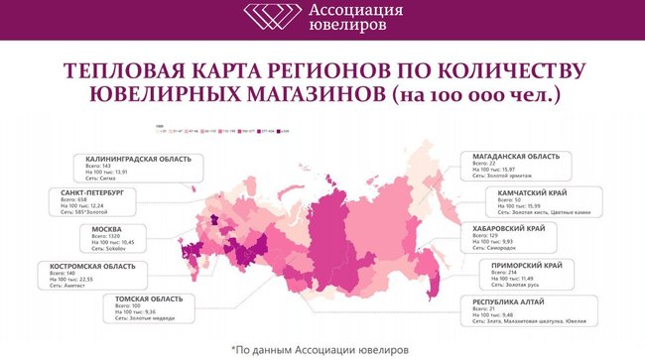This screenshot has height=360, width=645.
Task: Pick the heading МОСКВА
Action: pos(78,228)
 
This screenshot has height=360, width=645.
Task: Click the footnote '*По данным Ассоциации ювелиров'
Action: pos(320,349)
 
